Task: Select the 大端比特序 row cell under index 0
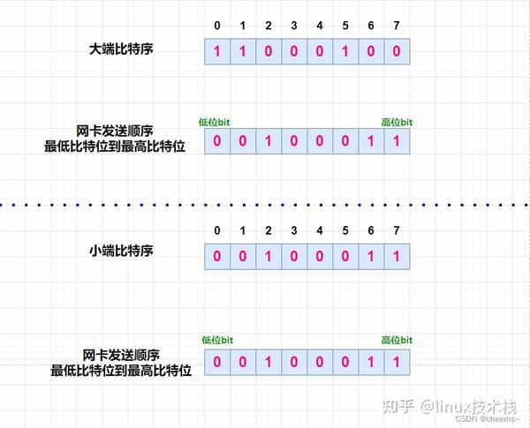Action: (x=217, y=51)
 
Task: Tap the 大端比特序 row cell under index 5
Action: (x=346, y=51)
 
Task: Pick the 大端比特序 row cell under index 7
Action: (x=397, y=51)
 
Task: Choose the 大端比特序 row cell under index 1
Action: (x=243, y=51)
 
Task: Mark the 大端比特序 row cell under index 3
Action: (x=294, y=51)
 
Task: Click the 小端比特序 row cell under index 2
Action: (x=269, y=257)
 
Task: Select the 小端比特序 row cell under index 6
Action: (x=372, y=257)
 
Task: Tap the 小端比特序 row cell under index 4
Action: (x=320, y=257)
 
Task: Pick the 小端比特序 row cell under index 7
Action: (x=397, y=257)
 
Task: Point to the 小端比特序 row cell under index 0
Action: (x=217, y=257)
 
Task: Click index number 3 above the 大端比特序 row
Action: (x=294, y=26)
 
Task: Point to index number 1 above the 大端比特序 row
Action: (x=243, y=26)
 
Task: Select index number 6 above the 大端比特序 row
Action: (x=372, y=26)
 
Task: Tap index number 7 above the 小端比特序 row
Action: (x=397, y=231)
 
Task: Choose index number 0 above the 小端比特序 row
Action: (x=217, y=231)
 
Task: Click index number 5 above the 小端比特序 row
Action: (x=346, y=231)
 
